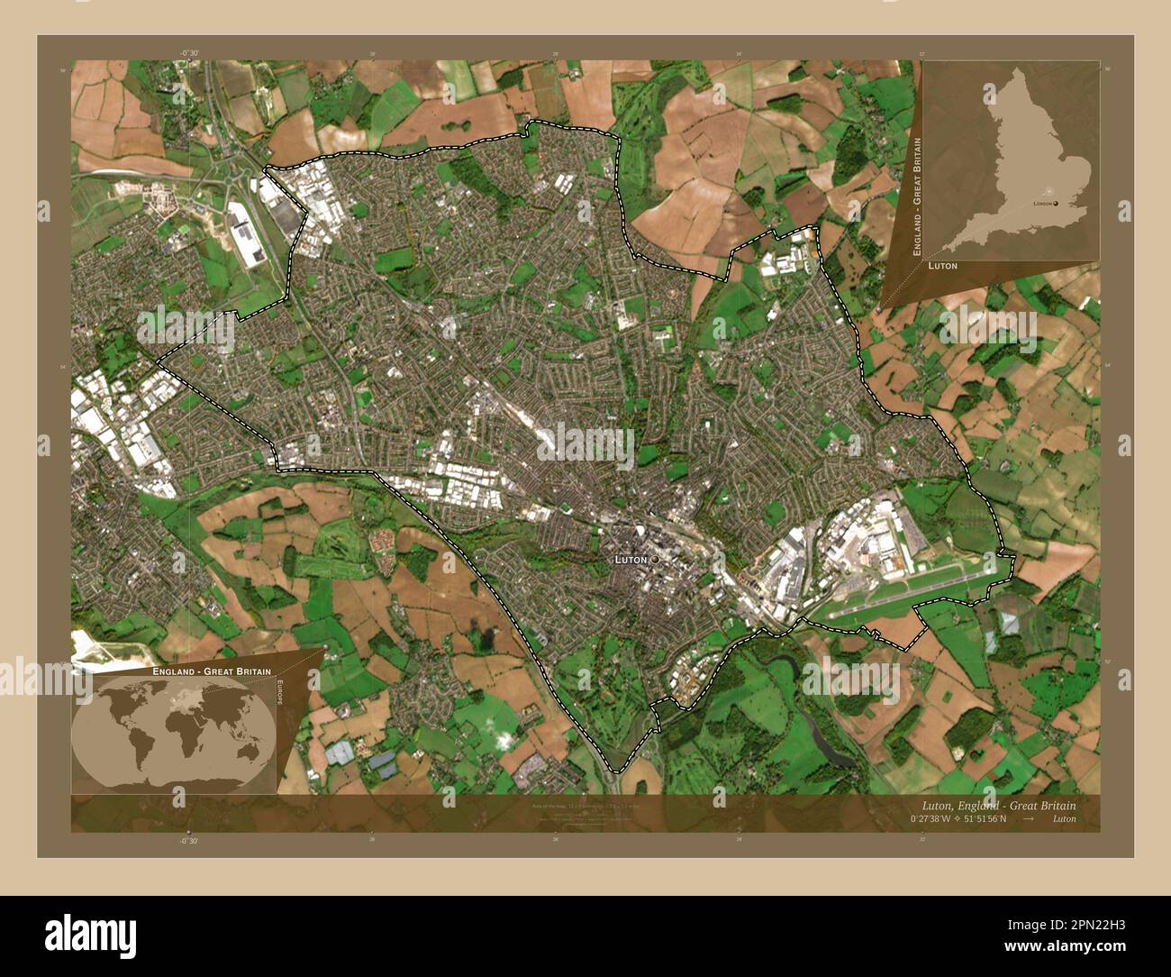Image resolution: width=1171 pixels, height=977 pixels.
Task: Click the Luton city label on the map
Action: tap(631, 560)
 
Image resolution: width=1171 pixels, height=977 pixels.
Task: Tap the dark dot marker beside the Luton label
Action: tap(655, 560)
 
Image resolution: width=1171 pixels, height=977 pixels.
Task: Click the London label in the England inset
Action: tap(1042, 204)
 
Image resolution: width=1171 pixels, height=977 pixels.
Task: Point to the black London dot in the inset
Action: tap(1057, 204)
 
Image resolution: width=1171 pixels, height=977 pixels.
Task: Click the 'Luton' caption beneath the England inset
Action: tap(941, 267)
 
